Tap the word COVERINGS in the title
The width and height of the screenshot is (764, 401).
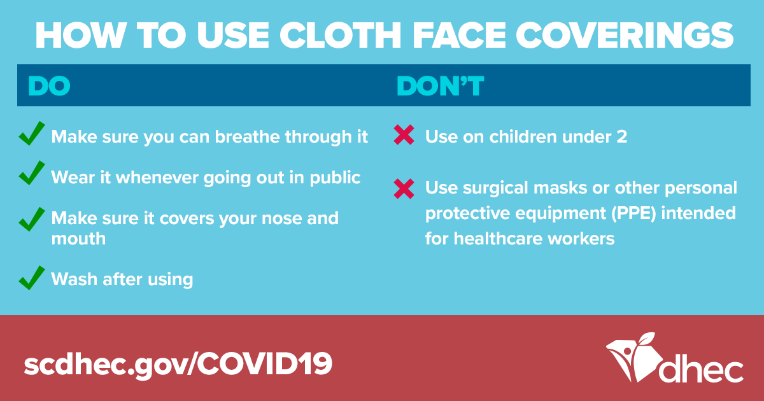[625, 35]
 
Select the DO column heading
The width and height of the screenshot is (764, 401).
[49, 85]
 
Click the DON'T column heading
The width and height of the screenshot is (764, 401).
[441, 85]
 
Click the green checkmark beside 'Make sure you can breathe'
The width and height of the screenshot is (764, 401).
[32, 133]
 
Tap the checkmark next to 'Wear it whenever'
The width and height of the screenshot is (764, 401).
[32, 173]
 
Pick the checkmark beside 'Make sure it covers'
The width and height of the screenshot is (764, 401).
[32, 219]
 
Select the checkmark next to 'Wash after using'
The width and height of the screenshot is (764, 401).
[32, 278]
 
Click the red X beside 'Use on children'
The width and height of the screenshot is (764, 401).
[404, 135]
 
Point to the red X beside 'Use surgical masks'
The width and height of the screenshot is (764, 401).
[404, 188]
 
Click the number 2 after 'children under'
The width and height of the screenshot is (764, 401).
[622, 137]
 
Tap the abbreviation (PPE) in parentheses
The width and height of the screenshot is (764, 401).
[633, 213]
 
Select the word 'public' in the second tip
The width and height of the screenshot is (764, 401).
[335, 178]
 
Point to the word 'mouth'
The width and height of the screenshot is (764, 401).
[78, 238]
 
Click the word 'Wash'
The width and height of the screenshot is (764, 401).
[74, 279]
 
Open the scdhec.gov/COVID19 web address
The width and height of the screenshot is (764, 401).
[178, 364]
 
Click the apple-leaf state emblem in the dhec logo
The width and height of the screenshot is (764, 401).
[634, 356]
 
